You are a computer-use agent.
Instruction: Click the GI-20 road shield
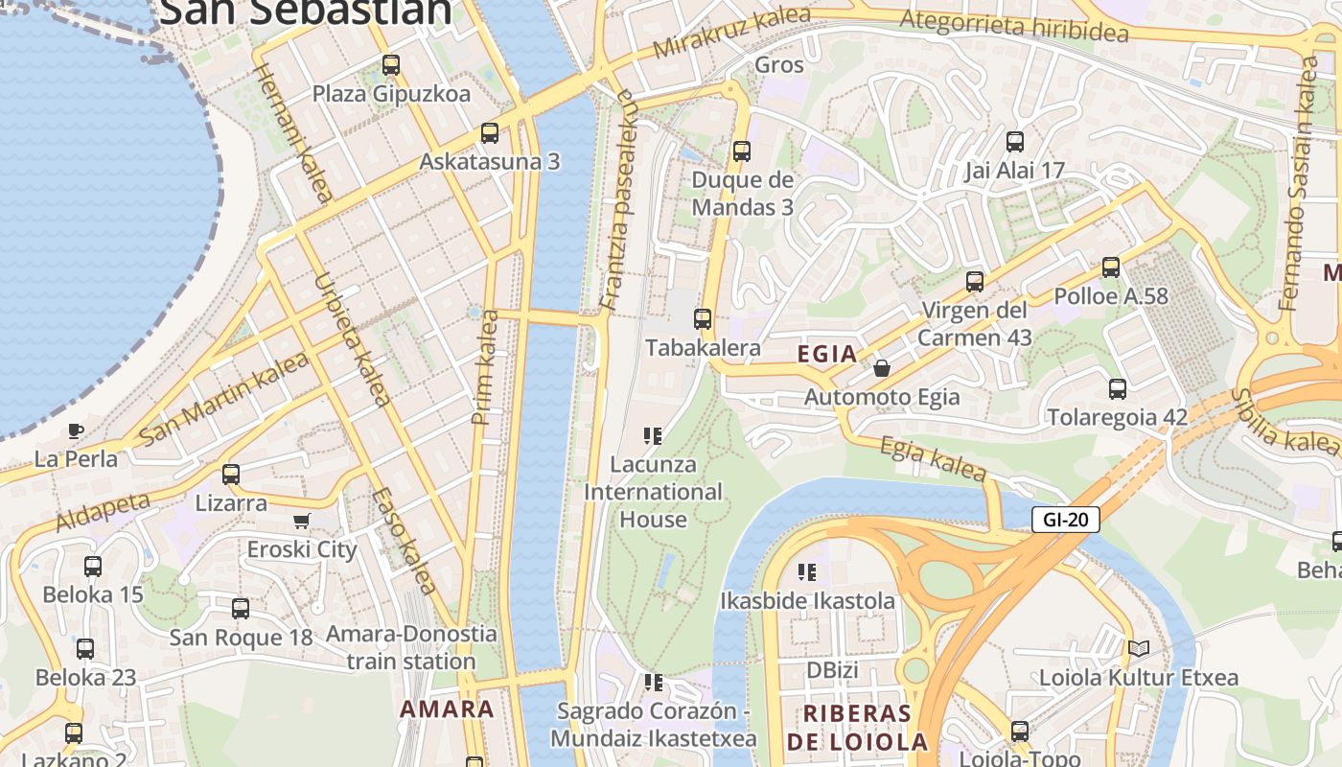1065,520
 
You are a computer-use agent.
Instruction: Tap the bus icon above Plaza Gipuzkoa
390,65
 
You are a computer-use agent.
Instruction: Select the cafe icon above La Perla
76,430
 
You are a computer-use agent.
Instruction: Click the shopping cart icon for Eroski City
302,521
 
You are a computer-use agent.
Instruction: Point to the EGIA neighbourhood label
827,354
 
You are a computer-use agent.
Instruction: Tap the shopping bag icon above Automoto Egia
882,368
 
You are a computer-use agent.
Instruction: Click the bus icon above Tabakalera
703,318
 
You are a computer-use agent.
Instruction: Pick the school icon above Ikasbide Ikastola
807,572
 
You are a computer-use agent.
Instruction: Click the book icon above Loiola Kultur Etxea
1138,649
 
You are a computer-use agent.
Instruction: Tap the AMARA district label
447,709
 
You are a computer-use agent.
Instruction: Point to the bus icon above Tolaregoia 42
1117,388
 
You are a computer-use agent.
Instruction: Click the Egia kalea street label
933,459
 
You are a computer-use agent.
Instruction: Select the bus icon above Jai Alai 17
1015,142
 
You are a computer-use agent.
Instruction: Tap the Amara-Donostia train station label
411,647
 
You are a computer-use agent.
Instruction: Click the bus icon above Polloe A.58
1110,267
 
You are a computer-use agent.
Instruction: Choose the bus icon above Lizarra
231,474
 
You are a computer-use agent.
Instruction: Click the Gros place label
779,65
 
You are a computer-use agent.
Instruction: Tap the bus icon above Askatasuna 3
490,132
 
